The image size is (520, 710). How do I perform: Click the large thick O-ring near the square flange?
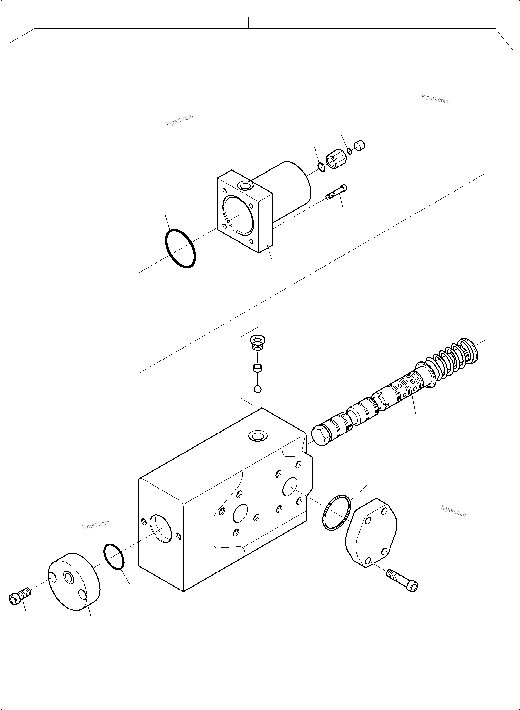180,249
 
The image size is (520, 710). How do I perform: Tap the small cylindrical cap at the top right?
360,146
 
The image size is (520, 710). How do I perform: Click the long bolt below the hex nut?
336,192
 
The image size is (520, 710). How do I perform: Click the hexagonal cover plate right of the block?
371,533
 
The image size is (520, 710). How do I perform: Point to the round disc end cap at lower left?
74,581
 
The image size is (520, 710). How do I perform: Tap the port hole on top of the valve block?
258,436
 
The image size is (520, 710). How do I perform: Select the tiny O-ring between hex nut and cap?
350,151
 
